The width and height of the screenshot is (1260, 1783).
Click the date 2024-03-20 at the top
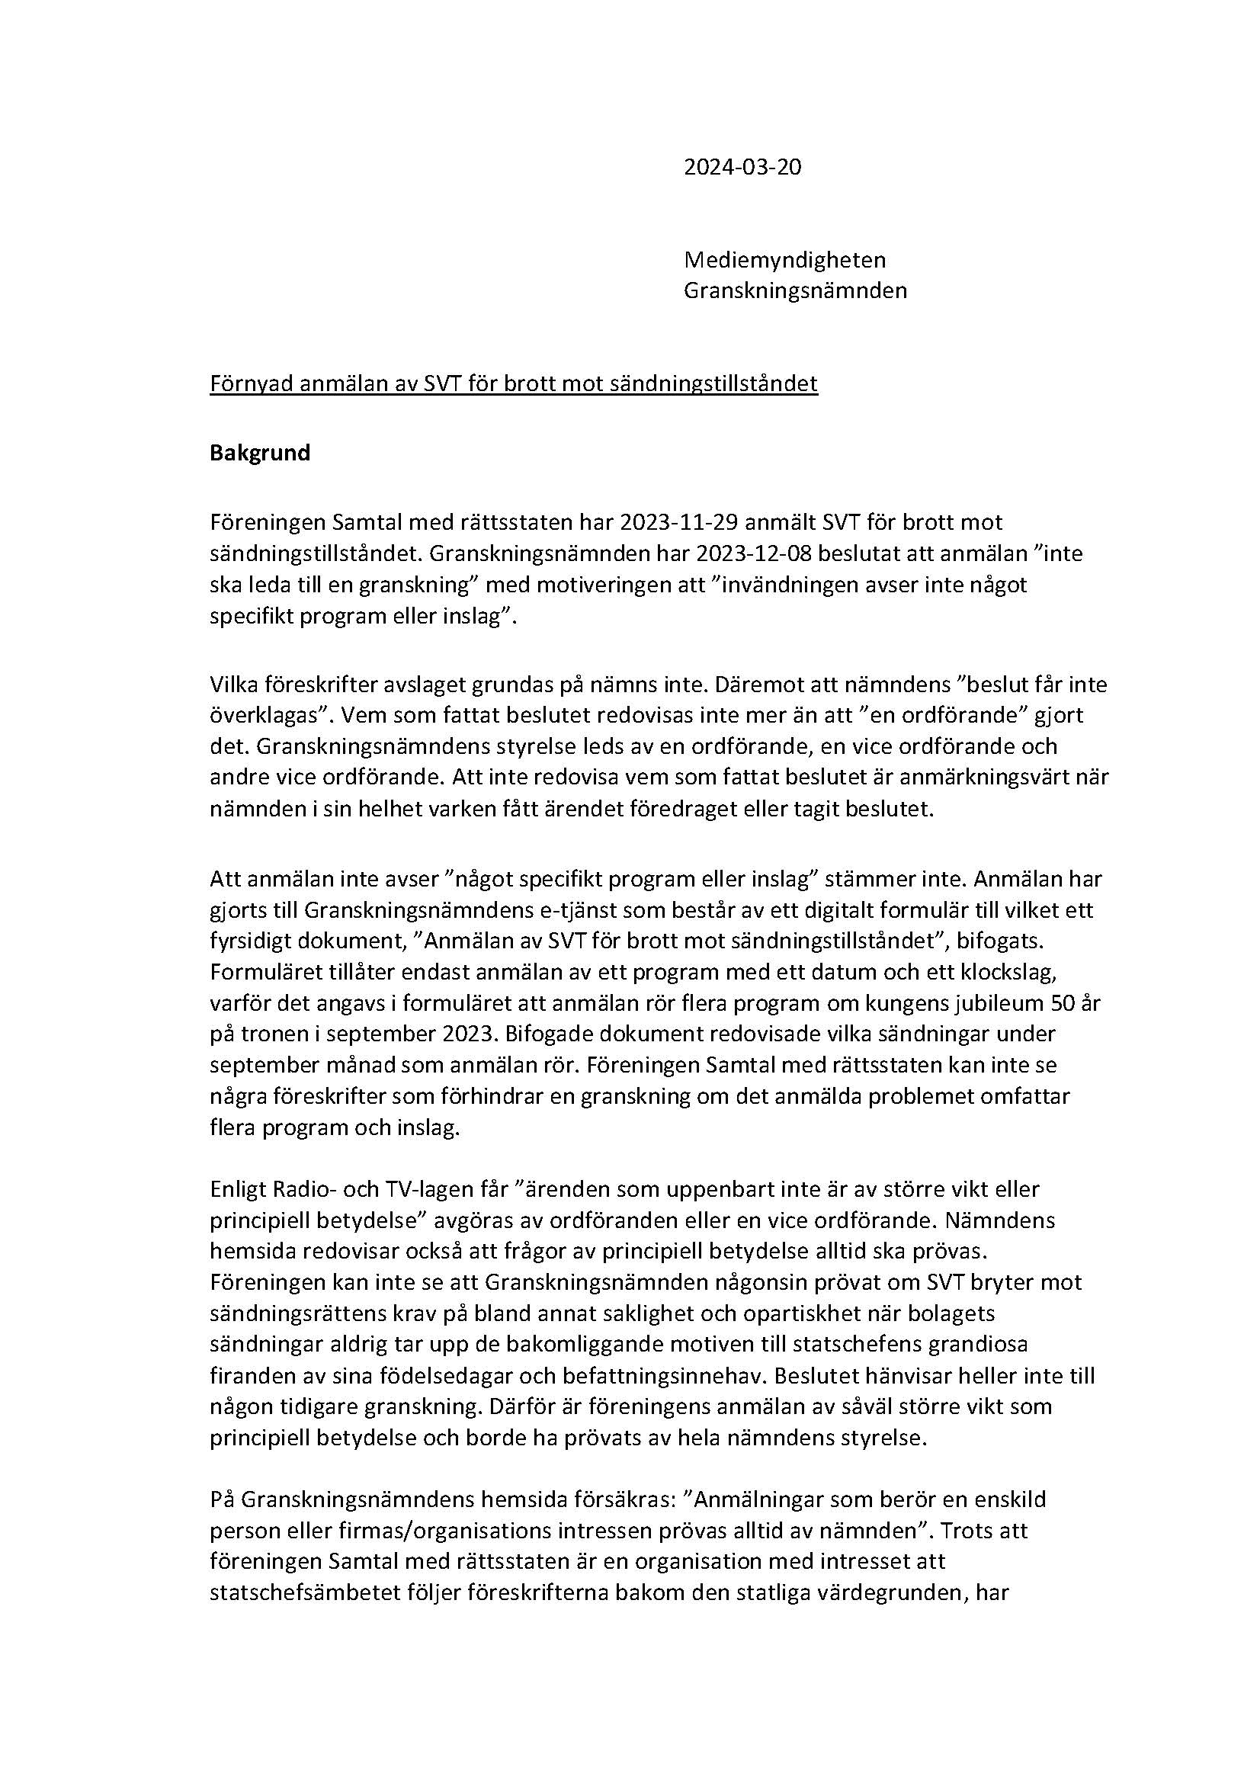(742, 167)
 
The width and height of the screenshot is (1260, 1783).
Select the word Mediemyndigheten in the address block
(784, 259)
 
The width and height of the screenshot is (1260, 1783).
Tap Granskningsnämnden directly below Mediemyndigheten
(795, 290)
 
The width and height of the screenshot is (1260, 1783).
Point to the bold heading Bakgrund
(259, 453)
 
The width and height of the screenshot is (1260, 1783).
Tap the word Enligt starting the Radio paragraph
(238, 1189)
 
